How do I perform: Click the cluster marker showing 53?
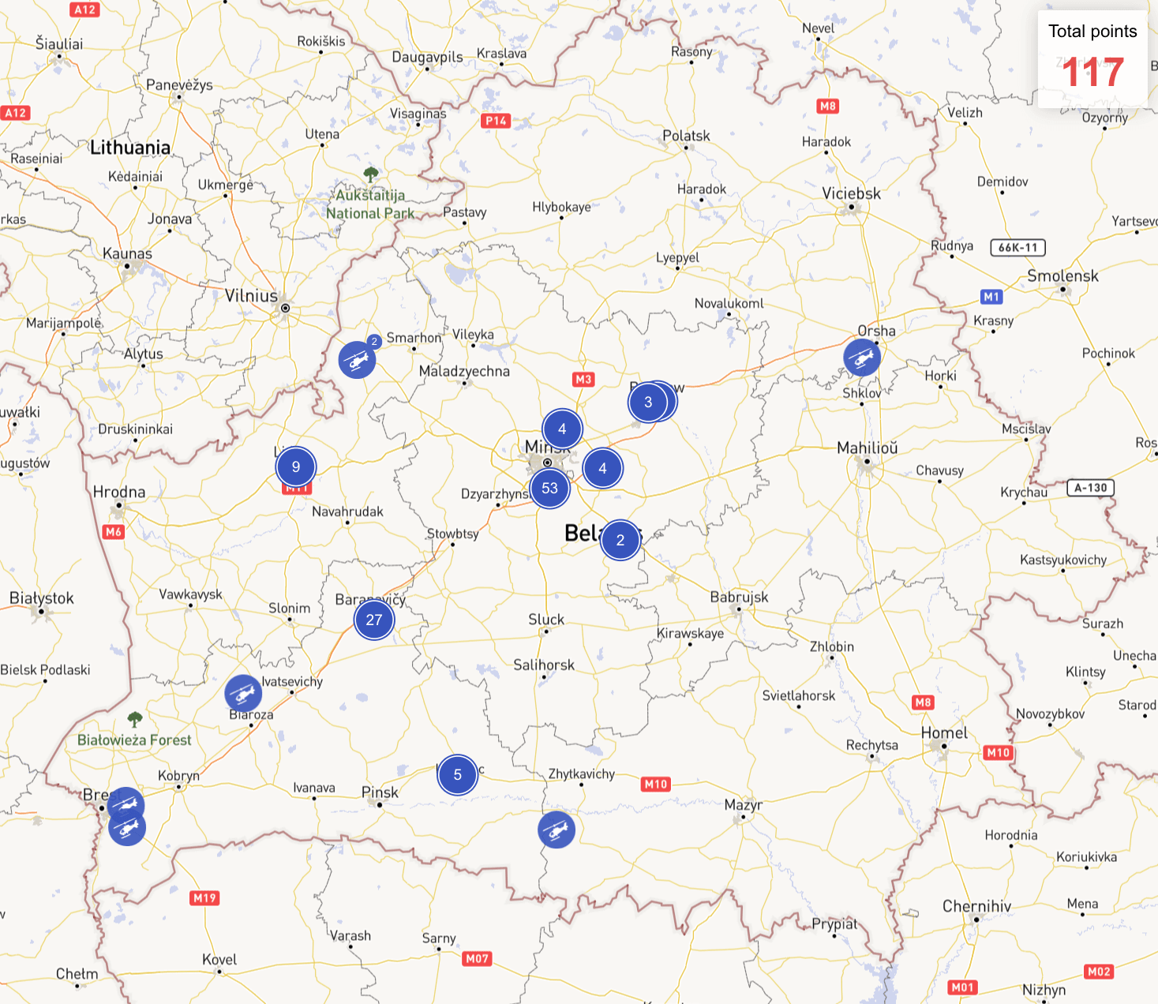tap(550, 489)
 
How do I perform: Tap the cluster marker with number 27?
tap(374, 620)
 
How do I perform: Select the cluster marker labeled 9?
tap(296, 466)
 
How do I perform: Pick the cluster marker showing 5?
tap(458, 774)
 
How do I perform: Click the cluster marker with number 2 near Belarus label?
tap(620, 540)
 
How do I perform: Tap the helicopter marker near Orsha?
tap(862, 358)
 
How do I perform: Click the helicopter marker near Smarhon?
tap(358, 360)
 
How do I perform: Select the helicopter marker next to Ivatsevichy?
tap(243, 693)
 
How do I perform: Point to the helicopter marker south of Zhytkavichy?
tap(557, 830)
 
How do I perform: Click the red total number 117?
tap(1092, 73)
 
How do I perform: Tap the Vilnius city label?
tap(251, 296)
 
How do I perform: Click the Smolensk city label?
tap(1062, 275)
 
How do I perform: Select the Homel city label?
tap(944, 732)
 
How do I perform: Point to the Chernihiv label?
tap(976, 906)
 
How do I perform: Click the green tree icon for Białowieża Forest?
tap(135, 719)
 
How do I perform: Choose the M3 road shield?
tap(583, 380)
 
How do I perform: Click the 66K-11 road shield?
tap(1017, 248)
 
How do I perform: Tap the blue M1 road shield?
tap(991, 297)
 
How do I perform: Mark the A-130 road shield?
tap(1091, 488)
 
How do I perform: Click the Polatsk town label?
tap(686, 136)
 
